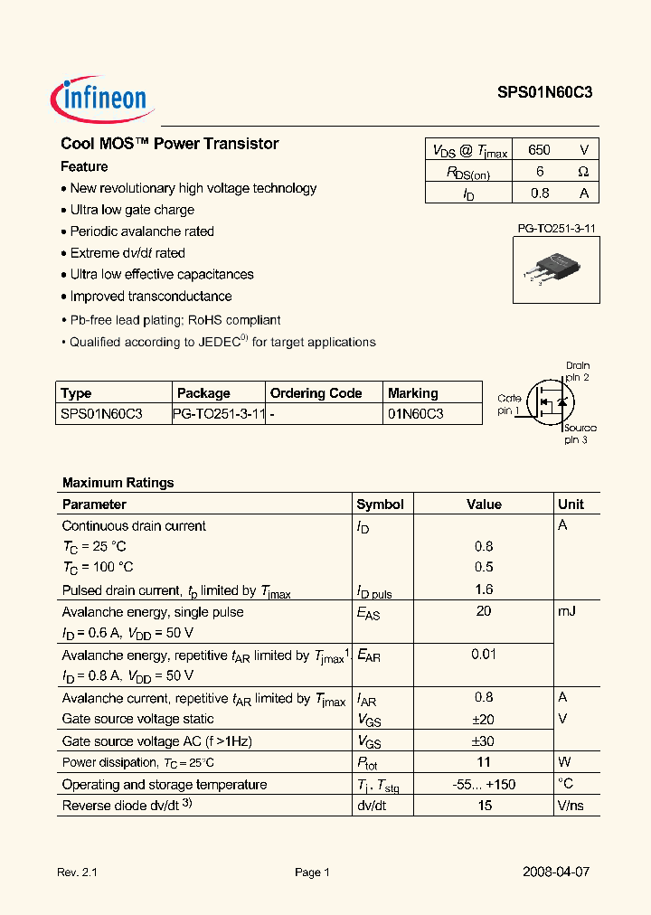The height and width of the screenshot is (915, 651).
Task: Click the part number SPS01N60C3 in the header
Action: (544, 92)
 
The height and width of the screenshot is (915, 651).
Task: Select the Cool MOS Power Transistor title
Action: (169, 144)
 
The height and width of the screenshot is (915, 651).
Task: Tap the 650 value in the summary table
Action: (538, 150)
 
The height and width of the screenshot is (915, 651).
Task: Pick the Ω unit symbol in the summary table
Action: (583, 172)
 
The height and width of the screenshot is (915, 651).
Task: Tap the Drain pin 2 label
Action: (577, 371)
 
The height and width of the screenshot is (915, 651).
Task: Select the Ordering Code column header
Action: (316, 393)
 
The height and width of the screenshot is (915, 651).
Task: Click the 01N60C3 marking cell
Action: (415, 414)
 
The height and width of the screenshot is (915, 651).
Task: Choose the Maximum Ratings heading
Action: (118, 483)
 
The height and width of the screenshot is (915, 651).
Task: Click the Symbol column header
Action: (380, 505)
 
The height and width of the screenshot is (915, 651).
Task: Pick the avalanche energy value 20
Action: (484, 612)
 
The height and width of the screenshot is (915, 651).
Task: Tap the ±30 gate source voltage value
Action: (484, 740)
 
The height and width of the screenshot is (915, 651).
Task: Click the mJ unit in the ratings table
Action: (567, 612)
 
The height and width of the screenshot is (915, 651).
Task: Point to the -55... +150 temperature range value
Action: (484, 784)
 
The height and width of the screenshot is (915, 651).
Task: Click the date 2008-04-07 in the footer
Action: (556, 872)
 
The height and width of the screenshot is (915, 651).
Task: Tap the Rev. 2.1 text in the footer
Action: (77, 873)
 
